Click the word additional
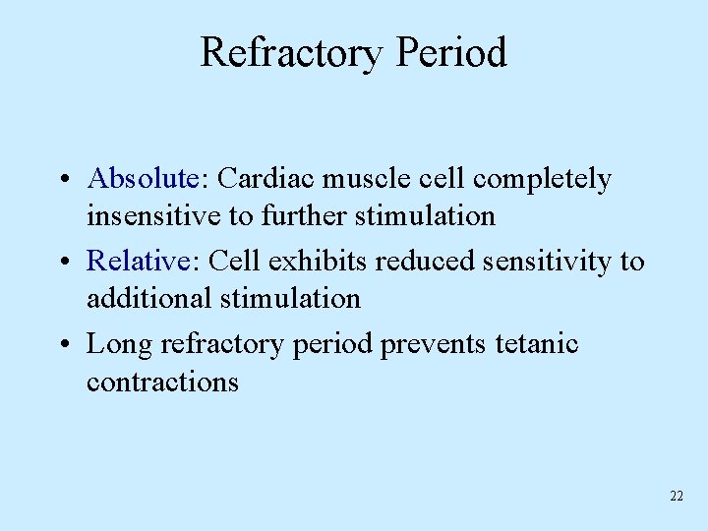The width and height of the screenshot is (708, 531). pos(149,298)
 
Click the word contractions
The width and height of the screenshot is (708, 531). pos(162,382)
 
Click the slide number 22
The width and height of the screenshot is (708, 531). pos(676,497)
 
